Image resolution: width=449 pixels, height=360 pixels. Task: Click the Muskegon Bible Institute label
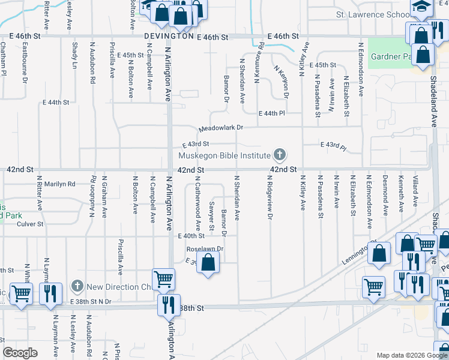224,156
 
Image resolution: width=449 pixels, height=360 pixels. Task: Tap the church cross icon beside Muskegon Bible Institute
279,155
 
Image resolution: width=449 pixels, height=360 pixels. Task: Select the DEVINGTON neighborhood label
169,37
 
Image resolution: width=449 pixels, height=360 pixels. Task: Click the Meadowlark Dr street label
221,128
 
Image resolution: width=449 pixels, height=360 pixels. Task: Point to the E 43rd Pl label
334,145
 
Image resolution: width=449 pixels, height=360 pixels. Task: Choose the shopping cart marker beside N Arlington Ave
163,279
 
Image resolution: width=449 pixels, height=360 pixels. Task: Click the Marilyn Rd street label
59,184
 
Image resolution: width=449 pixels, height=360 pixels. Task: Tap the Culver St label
32,224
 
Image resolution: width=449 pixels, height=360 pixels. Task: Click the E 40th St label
190,236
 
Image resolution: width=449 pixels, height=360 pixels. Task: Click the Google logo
21,353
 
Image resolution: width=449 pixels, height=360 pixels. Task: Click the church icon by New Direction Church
77,287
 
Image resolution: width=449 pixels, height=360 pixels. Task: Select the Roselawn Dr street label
205,248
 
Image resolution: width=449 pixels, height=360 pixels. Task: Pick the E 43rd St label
195,144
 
